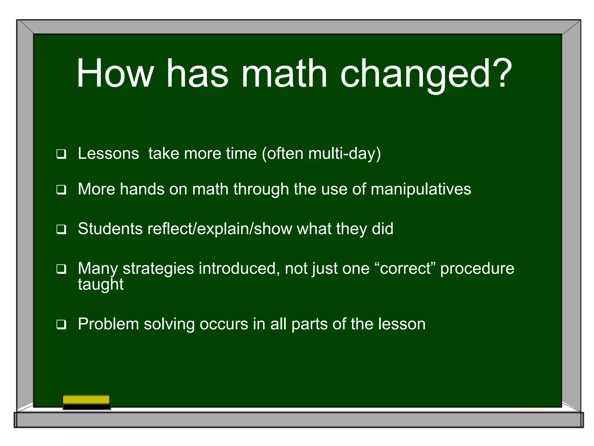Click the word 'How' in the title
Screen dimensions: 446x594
pyautogui.click(x=115, y=73)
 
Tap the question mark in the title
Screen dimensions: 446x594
pyautogui.click(x=501, y=73)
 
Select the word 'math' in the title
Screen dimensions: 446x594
pyautogui.click(x=284, y=73)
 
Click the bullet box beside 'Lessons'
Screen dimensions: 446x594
pyautogui.click(x=61, y=154)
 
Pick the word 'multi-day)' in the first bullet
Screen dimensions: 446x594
pyautogui.click(x=344, y=153)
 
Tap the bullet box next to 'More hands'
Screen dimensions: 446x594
pyautogui.click(x=61, y=190)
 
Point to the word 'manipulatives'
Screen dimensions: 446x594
pyautogui.click(x=421, y=189)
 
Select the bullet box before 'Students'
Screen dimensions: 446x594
pyautogui.click(x=61, y=229)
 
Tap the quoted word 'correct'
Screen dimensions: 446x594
pyautogui.click(x=405, y=268)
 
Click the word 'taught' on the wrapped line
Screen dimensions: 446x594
pyautogui.click(x=101, y=285)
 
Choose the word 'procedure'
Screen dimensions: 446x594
pyautogui.click(x=477, y=269)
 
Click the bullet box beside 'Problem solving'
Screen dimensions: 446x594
pyautogui.click(x=61, y=324)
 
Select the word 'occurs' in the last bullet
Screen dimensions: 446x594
pyautogui.click(x=224, y=324)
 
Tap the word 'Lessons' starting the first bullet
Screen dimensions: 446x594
pyautogui.click(x=108, y=153)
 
